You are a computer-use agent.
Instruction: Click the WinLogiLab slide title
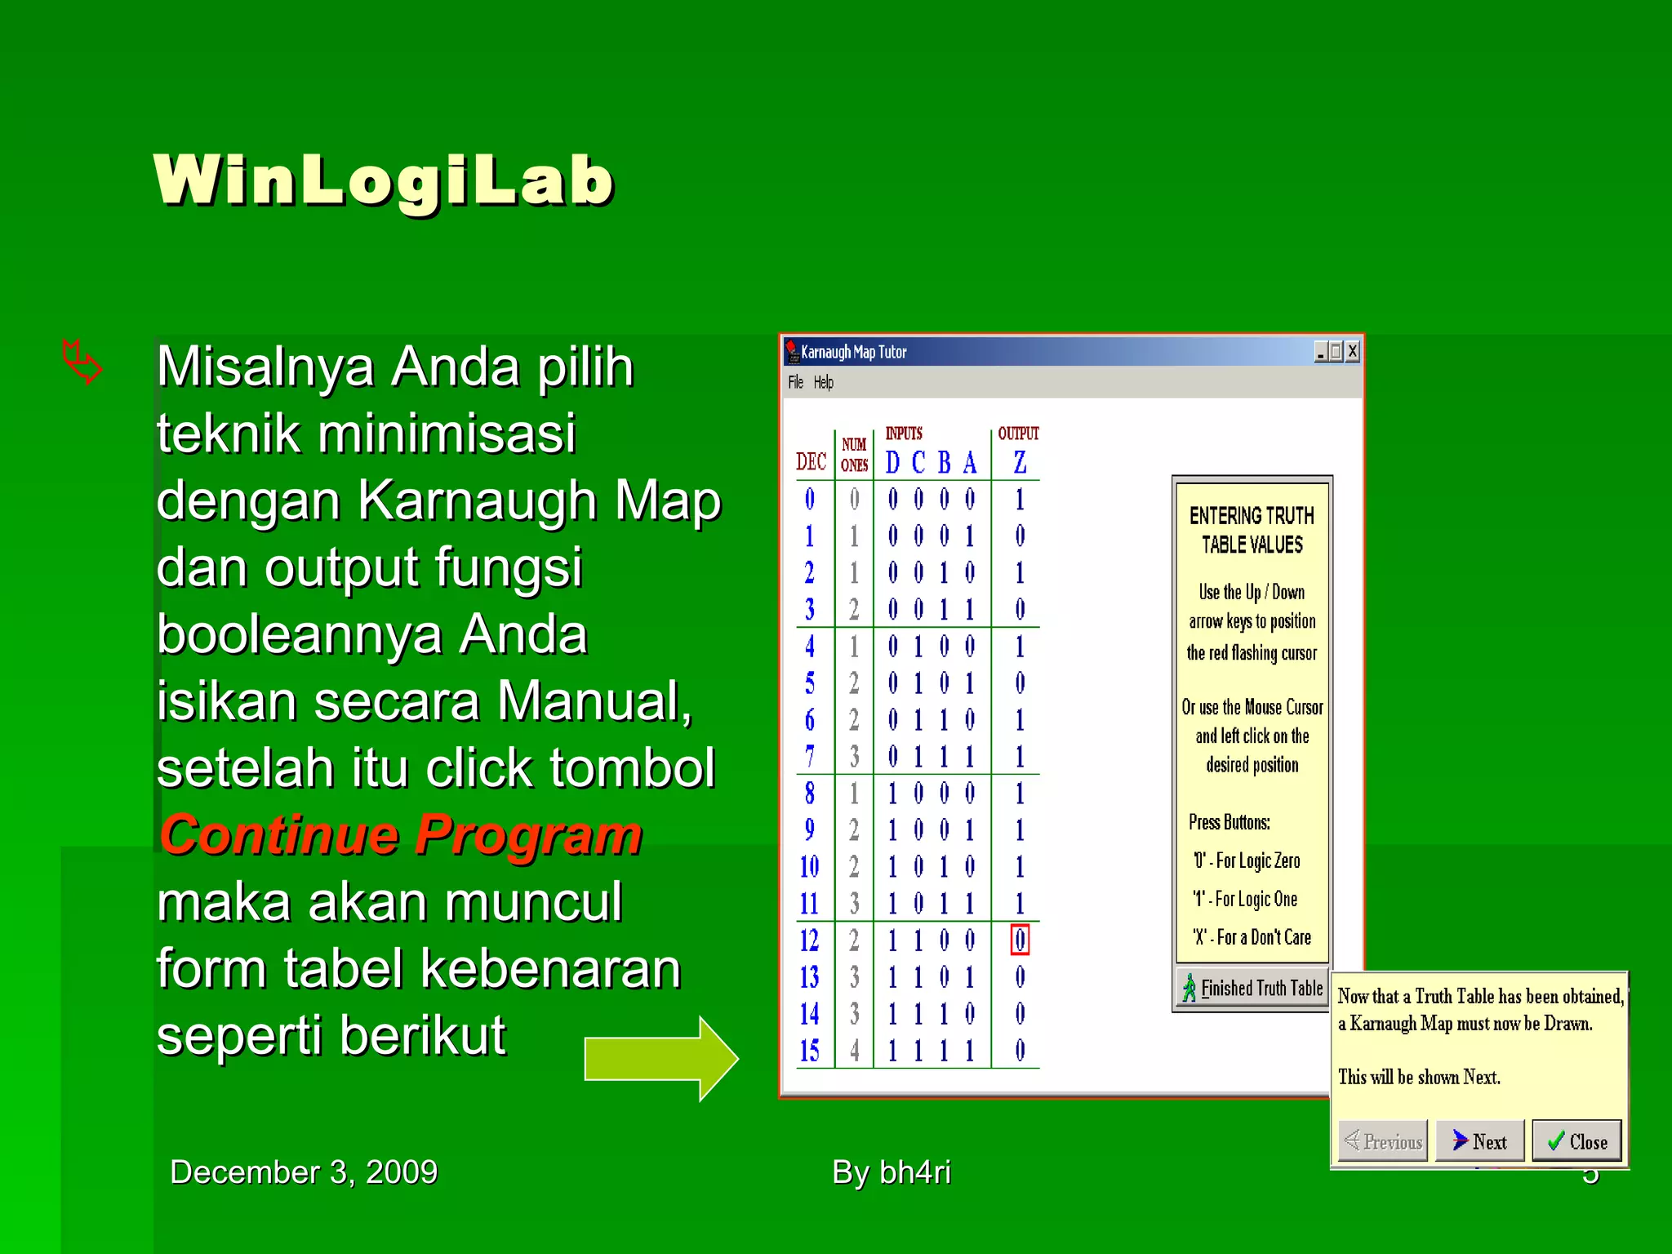(384, 180)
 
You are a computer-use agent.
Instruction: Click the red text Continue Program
(401, 835)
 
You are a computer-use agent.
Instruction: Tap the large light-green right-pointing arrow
(661, 1059)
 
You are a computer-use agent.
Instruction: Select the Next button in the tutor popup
(1479, 1141)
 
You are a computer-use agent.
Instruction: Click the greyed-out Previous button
(1383, 1141)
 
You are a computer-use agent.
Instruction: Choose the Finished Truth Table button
(1252, 989)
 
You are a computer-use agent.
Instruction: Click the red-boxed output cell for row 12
(1020, 940)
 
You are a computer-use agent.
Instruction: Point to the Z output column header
(1020, 463)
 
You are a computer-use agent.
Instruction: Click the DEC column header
(811, 462)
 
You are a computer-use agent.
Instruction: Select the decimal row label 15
(809, 1051)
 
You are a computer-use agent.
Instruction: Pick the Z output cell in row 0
(1020, 499)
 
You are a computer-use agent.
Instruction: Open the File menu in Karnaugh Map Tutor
(795, 382)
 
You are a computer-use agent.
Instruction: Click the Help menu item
(823, 382)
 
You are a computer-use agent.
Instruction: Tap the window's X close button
(1353, 352)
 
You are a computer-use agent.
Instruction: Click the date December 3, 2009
(304, 1172)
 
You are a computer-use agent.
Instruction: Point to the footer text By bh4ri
(892, 1172)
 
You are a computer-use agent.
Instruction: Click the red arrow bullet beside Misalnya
(82, 362)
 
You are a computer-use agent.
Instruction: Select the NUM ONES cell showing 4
(854, 1051)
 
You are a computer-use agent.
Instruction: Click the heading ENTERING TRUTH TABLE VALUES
(1252, 530)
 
